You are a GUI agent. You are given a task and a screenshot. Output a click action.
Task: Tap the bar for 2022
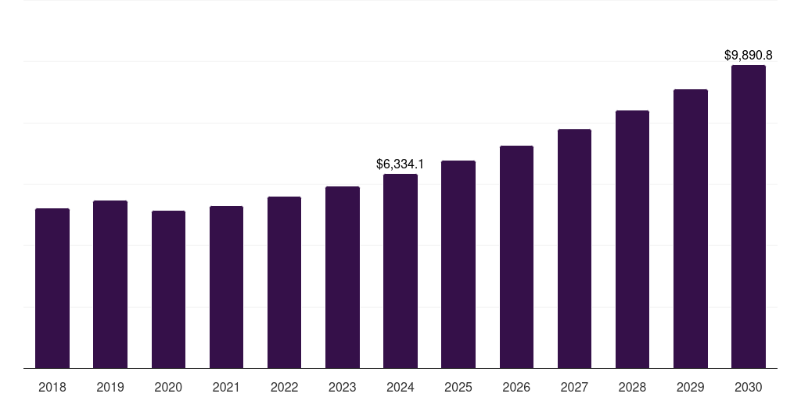[284, 283]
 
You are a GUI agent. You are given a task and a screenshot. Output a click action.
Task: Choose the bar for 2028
[632, 240]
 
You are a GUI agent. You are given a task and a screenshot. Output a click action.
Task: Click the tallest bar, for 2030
[749, 217]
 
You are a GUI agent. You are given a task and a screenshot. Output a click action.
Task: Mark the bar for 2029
[691, 229]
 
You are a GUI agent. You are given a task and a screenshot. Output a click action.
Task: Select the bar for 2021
[226, 287]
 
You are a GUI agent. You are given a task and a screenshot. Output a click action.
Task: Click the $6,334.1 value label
[400, 164]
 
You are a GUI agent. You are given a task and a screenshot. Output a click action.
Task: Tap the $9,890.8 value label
[749, 56]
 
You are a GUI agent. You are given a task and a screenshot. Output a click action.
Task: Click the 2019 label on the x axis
[110, 387]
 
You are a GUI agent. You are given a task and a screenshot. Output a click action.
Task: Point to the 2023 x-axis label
[343, 387]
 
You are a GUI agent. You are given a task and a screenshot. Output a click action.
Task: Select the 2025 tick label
[458, 387]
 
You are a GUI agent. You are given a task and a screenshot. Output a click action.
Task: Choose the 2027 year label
[574, 387]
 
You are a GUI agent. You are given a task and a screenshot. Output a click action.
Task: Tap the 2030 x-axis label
[749, 387]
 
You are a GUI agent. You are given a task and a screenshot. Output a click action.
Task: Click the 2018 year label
[52, 387]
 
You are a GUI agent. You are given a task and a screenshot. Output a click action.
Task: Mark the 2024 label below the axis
[400, 387]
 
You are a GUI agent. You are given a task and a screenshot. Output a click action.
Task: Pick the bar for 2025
[458, 265]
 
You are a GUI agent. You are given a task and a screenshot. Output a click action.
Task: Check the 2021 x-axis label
[226, 387]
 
